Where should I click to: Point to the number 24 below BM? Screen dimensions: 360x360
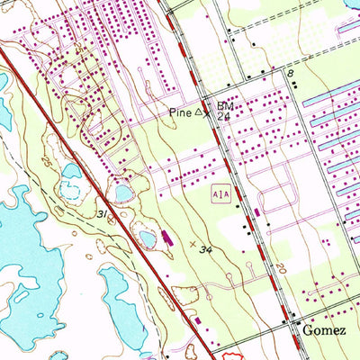pyautogui.click(x=224, y=117)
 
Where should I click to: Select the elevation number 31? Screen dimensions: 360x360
pyautogui.click(x=103, y=213)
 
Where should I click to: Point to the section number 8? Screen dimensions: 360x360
pyautogui.click(x=291, y=71)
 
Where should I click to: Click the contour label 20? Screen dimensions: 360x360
pyautogui.click(x=280, y=269)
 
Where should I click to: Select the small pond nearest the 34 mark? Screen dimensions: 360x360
pyautogui.click(x=148, y=238)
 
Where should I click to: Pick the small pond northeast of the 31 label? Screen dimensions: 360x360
pyautogui.click(x=122, y=192)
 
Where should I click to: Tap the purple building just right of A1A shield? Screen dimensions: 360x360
pyautogui.click(x=257, y=212)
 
